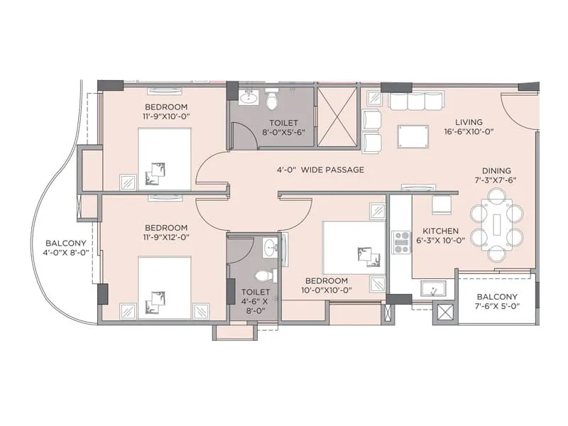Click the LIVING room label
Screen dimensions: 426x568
coord(469,121)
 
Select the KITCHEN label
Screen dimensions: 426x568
coord(440,231)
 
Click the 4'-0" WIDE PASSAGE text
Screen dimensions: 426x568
coord(320,170)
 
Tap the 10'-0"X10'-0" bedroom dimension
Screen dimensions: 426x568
coord(327,290)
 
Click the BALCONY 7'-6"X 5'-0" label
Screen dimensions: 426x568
coord(496,302)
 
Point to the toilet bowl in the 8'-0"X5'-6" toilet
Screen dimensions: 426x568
coord(271,101)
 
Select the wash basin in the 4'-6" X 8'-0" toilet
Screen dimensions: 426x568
coord(268,248)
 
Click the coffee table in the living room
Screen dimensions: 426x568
coord(413,135)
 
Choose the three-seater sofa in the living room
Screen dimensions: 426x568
coord(415,102)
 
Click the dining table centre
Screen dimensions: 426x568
coord(497,226)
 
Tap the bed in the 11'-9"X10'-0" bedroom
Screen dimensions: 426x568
coord(164,159)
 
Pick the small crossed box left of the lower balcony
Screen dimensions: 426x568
coord(445,312)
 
